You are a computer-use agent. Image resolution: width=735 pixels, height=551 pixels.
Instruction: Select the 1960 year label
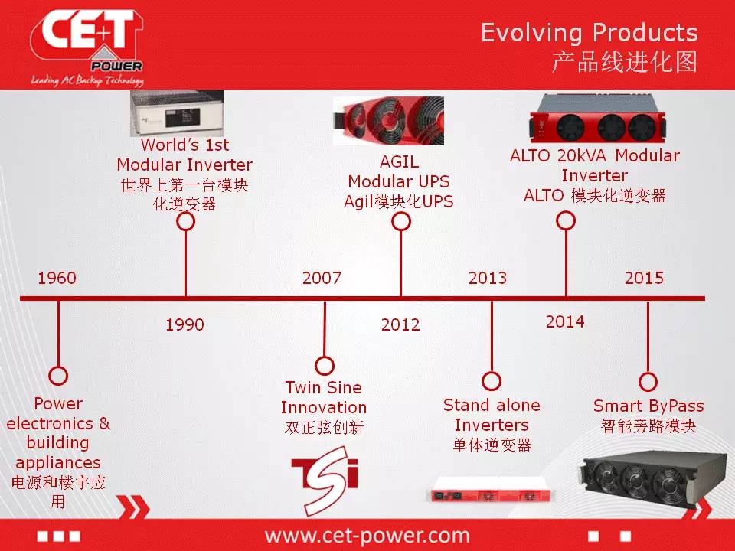pos(57,278)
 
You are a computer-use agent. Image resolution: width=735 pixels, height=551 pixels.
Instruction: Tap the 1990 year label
pos(185,324)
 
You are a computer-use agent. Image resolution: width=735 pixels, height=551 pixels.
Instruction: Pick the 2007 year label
pos(322,278)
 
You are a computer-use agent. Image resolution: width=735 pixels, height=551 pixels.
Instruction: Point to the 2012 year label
pos(400,324)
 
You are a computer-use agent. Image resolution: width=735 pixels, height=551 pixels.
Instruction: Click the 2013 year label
pos(488,278)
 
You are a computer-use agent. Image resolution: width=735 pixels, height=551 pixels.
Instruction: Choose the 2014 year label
pos(565,321)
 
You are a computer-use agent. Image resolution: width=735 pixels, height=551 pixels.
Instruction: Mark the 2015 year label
pos(644,278)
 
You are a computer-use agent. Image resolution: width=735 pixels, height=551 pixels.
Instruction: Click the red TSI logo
pos(325,480)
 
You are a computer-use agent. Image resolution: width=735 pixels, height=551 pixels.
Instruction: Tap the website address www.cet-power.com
pos(367,535)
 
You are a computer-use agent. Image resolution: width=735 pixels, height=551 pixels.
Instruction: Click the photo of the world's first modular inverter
pos(177,114)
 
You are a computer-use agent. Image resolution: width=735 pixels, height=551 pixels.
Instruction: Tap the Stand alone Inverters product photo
pos(491,490)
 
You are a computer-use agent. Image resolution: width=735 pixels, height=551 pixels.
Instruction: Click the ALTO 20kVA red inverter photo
pos(598,119)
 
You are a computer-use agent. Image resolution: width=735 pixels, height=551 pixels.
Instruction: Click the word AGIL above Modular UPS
pos(399,161)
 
